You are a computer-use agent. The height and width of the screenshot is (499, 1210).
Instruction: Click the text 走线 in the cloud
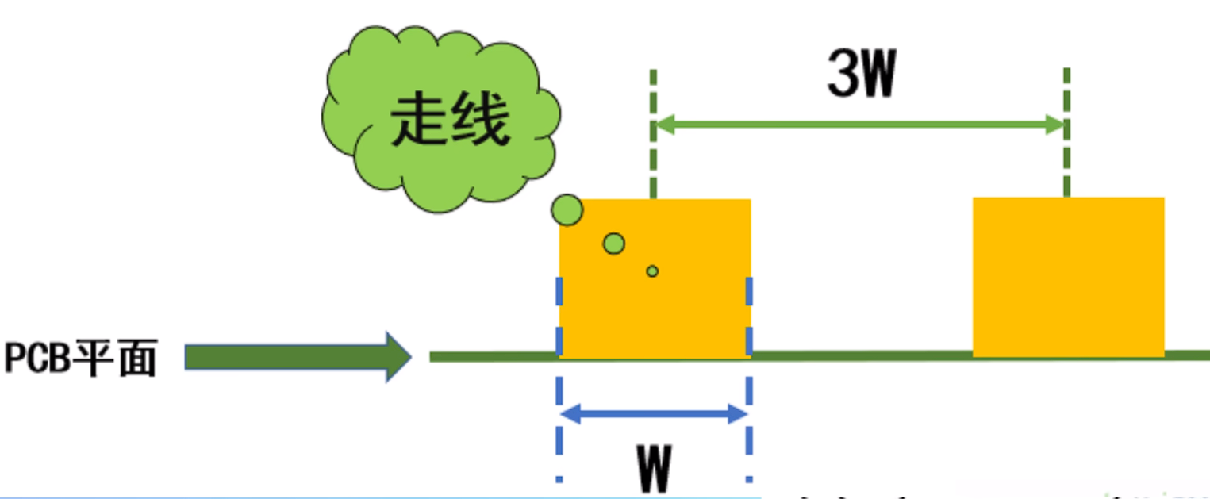coord(449,121)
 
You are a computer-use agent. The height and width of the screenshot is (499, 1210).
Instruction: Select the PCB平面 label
coord(80,359)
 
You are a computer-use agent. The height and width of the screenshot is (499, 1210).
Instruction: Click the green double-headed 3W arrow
coord(859,124)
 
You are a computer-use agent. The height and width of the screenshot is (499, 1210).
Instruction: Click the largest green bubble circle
coord(567,210)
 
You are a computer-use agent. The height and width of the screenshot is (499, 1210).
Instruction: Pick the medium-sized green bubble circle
coord(614,244)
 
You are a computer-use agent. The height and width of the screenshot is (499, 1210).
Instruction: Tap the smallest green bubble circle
coord(652,271)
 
